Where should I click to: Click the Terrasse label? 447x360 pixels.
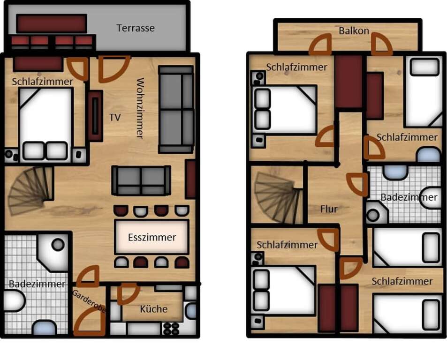136,28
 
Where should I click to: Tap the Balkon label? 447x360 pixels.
354,30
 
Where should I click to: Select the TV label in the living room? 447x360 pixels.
115,117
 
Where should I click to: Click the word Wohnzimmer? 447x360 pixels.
140,108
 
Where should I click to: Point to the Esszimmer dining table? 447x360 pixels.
152,237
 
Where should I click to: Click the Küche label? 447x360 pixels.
154,309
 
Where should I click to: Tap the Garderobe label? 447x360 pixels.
89,301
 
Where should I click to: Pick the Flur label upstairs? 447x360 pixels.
329,209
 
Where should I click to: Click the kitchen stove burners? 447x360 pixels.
172,329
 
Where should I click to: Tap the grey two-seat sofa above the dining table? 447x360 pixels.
141,180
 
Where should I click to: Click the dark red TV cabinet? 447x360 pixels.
95,116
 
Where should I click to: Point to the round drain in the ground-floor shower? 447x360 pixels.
58,245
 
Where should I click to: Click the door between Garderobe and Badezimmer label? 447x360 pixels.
88,277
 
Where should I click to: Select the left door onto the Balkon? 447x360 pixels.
320,45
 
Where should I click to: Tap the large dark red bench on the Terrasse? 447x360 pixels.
52,23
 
